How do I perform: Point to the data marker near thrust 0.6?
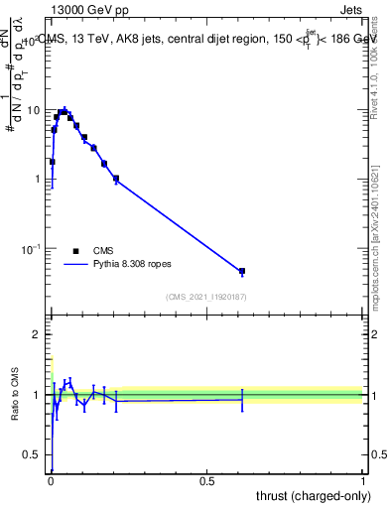(x=241, y=271)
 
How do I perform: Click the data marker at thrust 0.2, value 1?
(x=116, y=179)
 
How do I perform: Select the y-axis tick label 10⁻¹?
(x=32, y=247)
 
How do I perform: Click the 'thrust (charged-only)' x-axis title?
(x=309, y=496)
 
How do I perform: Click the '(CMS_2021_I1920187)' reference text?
(x=205, y=296)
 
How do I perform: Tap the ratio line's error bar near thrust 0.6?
(x=241, y=399)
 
